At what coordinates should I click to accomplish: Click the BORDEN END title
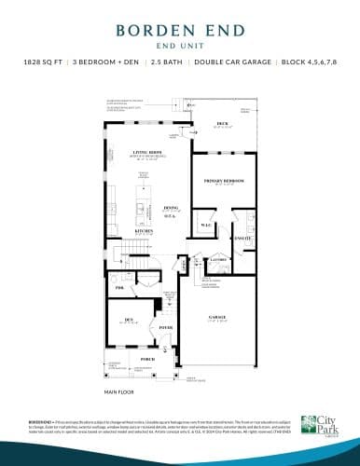coord(180,29)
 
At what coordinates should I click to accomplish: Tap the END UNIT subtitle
coord(180,42)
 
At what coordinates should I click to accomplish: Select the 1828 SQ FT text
coord(45,62)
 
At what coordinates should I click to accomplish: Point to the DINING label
coord(171,208)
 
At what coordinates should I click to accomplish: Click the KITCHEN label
coord(144,230)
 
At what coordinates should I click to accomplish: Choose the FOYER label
coord(166,327)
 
